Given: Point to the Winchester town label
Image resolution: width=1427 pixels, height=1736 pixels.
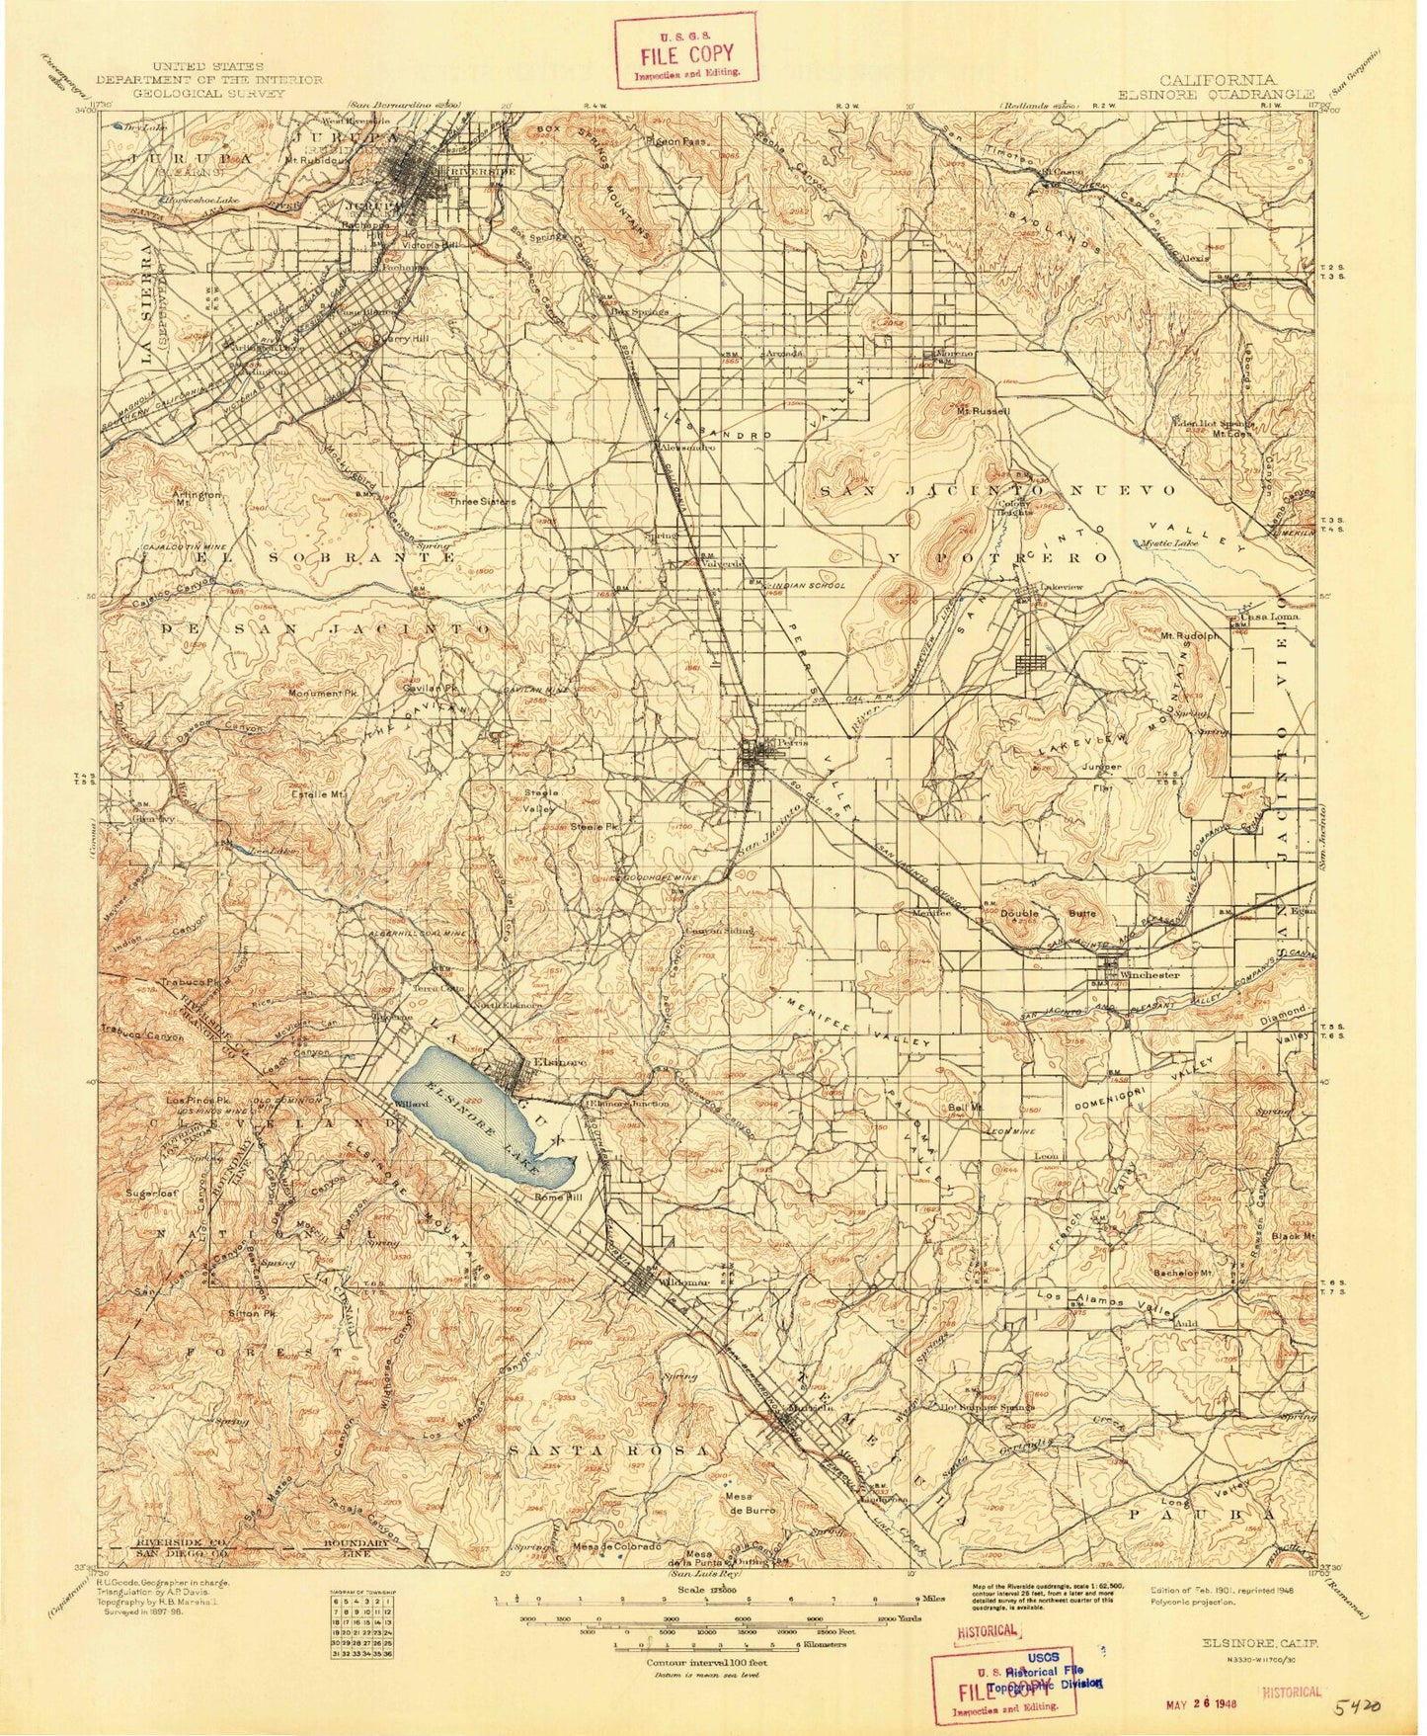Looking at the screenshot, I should (x=1150, y=974).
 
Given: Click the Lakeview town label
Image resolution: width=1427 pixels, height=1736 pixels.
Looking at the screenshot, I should (x=1062, y=586).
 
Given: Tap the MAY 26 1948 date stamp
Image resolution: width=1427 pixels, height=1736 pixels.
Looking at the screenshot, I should (x=1186, y=1702).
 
